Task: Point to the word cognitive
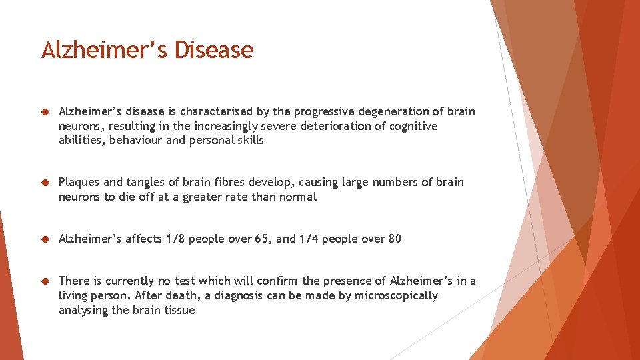click(413, 126)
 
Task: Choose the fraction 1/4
click(309, 239)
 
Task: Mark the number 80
click(394, 239)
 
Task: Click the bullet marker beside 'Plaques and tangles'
click(45, 182)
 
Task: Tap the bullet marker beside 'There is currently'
click(45, 281)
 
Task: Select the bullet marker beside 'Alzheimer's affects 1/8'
click(45, 239)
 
